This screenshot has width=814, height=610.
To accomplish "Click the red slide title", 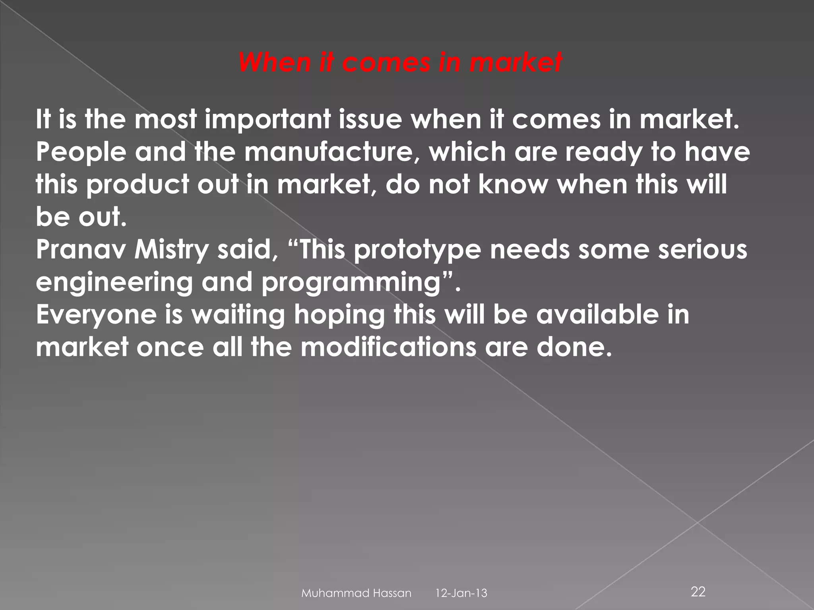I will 401,63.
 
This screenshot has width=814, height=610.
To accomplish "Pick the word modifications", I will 388,347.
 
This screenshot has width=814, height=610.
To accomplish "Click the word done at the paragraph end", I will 572,347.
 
